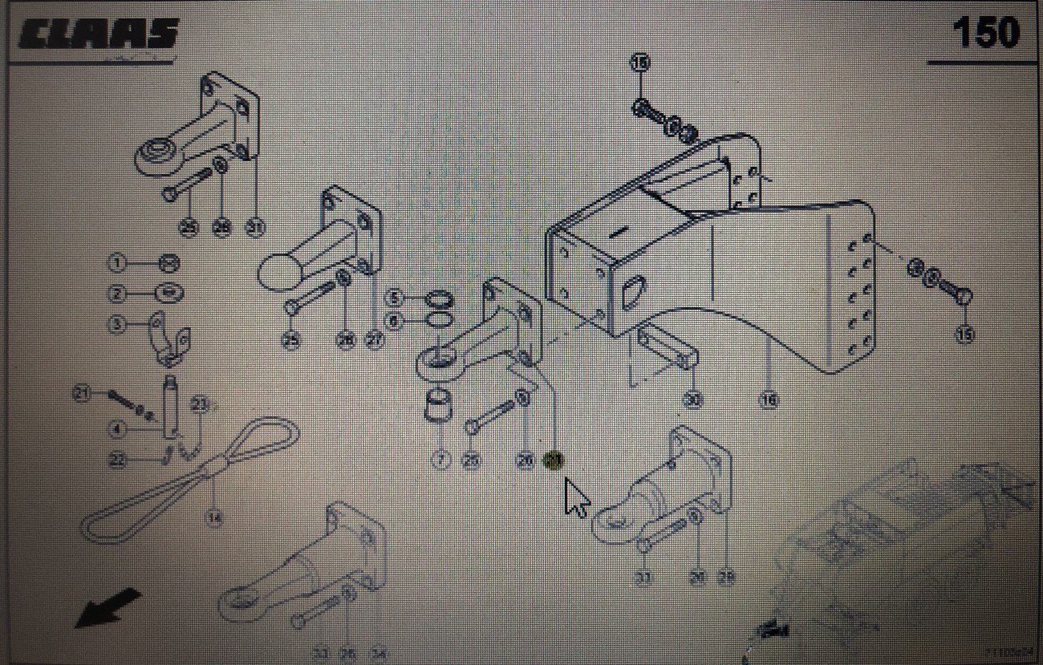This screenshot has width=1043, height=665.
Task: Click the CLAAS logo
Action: click(97, 35)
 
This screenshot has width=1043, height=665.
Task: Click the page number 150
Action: click(985, 33)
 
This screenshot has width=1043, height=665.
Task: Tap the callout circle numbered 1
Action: click(117, 262)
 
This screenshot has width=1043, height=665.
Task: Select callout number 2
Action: click(117, 294)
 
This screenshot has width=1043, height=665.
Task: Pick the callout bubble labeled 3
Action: click(117, 325)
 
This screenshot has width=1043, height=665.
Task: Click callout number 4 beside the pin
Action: click(117, 430)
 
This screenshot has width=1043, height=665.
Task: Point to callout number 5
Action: click(393, 298)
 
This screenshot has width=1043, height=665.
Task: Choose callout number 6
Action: click(393, 320)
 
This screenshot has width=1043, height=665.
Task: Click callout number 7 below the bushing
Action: click(440, 460)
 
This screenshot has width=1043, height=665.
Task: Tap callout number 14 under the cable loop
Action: click(213, 517)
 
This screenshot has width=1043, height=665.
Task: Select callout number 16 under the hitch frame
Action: click(769, 399)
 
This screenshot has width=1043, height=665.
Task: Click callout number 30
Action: click(692, 399)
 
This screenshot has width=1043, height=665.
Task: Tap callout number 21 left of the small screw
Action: click(82, 393)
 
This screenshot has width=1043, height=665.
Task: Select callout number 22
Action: click(117, 460)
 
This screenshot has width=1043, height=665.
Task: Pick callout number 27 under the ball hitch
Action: click(375, 340)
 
